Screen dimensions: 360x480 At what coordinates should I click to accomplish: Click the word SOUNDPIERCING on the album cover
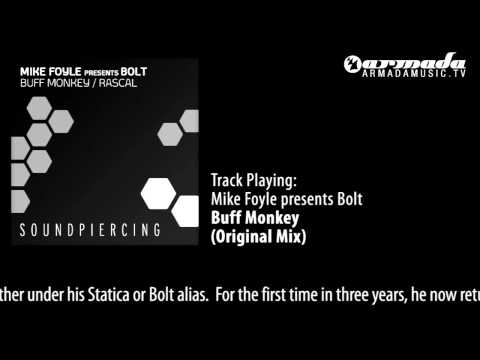click(x=105, y=230)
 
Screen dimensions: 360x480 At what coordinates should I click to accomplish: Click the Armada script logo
click(x=413, y=61)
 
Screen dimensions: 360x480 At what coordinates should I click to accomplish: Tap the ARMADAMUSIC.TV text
click(x=413, y=72)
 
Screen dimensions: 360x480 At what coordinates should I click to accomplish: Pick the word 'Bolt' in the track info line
click(x=346, y=199)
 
